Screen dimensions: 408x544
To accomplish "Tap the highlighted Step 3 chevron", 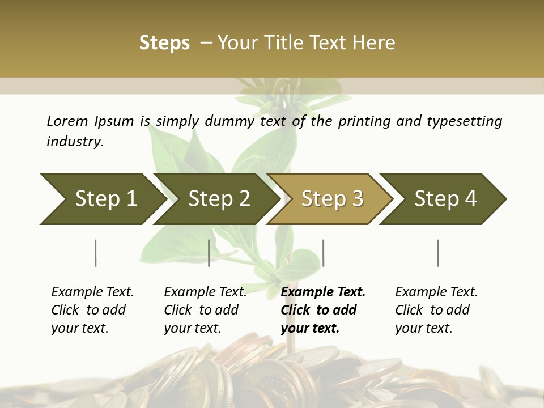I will pyautogui.click(x=332, y=199).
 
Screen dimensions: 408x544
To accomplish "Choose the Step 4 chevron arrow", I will pyautogui.click(x=445, y=199).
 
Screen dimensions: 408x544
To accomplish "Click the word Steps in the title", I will pyautogui.click(x=164, y=43).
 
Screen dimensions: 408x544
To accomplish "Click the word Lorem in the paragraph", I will pyautogui.click(x=67, y=121).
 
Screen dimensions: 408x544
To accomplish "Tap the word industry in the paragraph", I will pyautogui.click(x=75, y=141).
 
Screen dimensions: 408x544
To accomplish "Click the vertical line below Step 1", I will pyautogui.click(x=96, y=253).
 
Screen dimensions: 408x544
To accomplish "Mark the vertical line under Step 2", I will pyautogui.click(x=209, y=253).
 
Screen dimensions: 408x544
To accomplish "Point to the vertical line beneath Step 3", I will pyautogui.click(x=323, y=253).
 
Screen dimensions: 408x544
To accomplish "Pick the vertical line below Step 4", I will pyautogui.click(x=437, y=253).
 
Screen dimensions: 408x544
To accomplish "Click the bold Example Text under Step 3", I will pyautogui.click(x=323, y=292).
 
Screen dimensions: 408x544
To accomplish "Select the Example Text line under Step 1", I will pyautogui.click(x=92, y=292).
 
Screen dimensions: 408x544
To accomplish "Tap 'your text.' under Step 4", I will pyautogui.click(x=424, y=328).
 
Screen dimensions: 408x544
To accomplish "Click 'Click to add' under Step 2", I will pyautogui.click(x=201, y=310).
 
